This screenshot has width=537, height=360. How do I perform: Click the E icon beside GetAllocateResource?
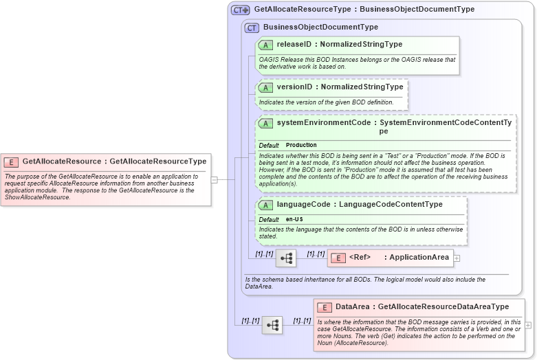(x=11, y=162)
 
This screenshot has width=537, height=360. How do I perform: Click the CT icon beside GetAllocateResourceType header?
(x=240, y=10)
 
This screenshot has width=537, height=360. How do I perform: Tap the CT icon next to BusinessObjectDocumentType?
(x=252, y=27)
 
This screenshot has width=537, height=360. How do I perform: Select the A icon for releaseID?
(x=265, y=45)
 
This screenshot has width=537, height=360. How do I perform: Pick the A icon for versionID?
(x=265, y=87)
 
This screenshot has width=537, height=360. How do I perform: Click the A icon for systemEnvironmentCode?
(x=265, y=123)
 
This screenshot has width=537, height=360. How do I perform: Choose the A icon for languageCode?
(x=265, y=205)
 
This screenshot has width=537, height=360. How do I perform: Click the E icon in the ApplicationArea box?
(x=338, y=258)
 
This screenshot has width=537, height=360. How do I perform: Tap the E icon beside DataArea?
(x=325, y=307)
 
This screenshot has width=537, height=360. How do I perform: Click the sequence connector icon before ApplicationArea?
(x=286, y=258)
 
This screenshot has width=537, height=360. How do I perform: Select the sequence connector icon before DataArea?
(x=272, y=325)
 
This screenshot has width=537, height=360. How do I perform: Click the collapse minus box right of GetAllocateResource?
(x=215, y=180)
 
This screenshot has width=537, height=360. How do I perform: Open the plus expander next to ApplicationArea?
(x=457, y=258)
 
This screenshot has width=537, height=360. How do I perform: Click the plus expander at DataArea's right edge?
(x=528, y=325)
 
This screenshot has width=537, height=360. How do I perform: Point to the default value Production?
(x=301, y=146)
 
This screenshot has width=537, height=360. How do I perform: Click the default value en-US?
(x=294, y=219)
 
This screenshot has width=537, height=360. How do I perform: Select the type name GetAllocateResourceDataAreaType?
(x=443, y=307)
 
